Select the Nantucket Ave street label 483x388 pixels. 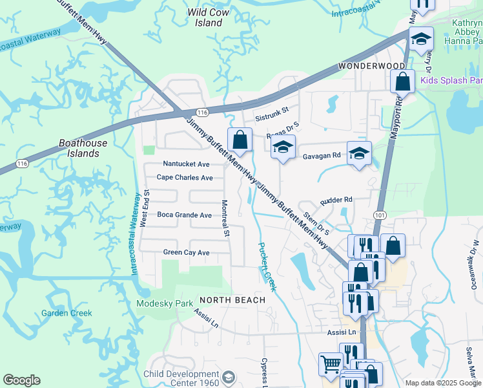(x=186, y=164)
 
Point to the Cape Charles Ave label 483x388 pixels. (x=185, y=177)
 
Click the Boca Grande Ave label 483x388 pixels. (x=185, y=215)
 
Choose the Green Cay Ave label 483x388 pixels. (x=187, y=252)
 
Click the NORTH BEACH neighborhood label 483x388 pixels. (x=232, y=300)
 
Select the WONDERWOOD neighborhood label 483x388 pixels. (x=372, y=67)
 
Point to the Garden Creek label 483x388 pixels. (x=67, y=313)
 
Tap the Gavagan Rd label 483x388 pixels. (x=322, y=155)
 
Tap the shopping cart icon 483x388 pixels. (x=331, y=364)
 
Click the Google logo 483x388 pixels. (x=21, y=380)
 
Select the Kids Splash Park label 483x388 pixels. (x=451, y=81)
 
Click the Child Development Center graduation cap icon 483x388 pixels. (x=228, y=376)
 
